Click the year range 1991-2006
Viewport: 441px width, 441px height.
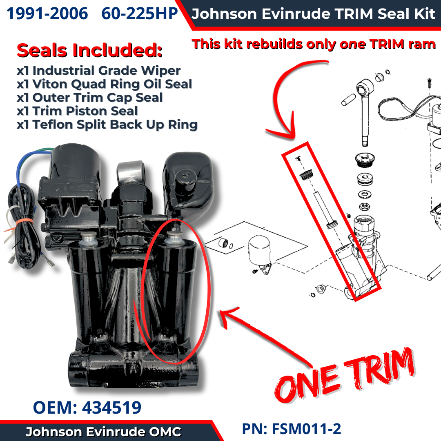(x=47, y=13)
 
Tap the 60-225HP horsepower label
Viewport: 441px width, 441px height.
(x=140, y=13)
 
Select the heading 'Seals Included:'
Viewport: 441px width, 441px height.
(x=89, y=50)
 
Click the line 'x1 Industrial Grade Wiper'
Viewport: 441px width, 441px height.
(x=98, y=70)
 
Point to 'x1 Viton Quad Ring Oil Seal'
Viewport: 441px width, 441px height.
(x=105, y=84)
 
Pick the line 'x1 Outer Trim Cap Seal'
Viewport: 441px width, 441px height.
(x=90, y=97)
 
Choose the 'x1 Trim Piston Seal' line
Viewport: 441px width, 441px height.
(x=77, y=111)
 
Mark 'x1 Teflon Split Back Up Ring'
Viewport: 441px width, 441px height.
(x=107, y=124)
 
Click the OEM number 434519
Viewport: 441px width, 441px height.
(x=111, y=408)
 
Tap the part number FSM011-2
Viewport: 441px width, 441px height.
(x=306, y=429)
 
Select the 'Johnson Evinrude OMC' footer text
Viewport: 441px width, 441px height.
(x=103, y=432)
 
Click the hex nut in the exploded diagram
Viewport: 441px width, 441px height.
(x=365, y=207)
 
